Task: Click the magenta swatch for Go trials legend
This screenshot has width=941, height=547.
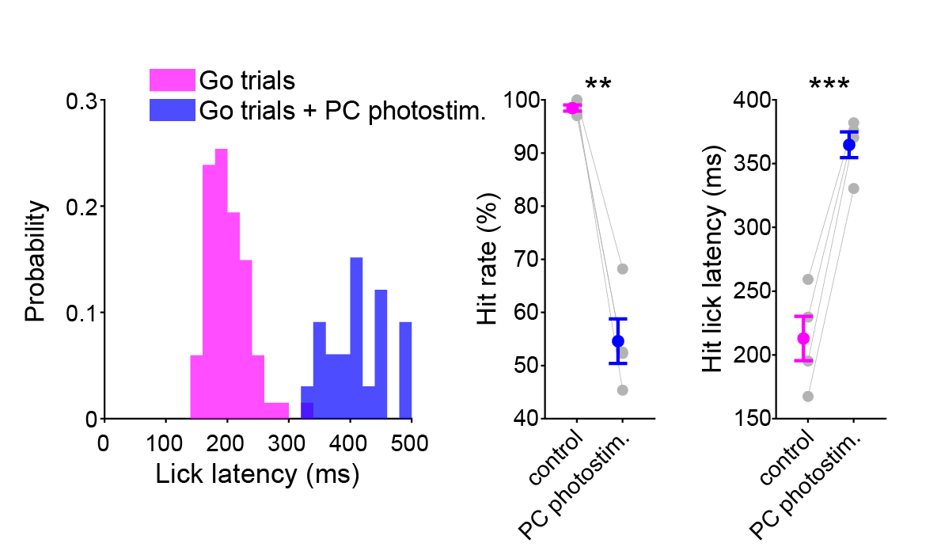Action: pyautogui.click(x=172, y=80)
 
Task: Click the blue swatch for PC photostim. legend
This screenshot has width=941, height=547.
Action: pyautogui.click(x=172, y=110)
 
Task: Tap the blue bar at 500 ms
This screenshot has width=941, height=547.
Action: pyautogui.click(x=405, y=370)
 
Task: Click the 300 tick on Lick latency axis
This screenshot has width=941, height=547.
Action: pyautogui.click(x=288, y=443)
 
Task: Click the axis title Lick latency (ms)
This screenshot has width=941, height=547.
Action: pyautogui.click(x=257, y=475)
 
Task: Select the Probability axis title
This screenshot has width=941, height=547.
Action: pyautogui.click(x=35, y=261)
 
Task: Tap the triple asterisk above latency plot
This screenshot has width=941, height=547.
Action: pyautogui.click(x=829, y=84)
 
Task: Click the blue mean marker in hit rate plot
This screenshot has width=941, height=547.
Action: pyautogui.click(x=618, y=341)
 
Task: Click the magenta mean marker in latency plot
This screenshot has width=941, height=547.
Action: pyautogui.click(x=803, y=338)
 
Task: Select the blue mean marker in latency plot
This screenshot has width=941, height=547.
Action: pyautogui.click(x=849, y=145)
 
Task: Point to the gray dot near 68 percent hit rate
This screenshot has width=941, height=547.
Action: pyautogui.click(x=622, y=269)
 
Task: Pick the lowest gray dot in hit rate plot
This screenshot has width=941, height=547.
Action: pyautogui.click(x=622, y=389)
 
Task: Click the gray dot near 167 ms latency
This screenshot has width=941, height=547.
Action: pyautogui.click(x=807, y=396)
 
